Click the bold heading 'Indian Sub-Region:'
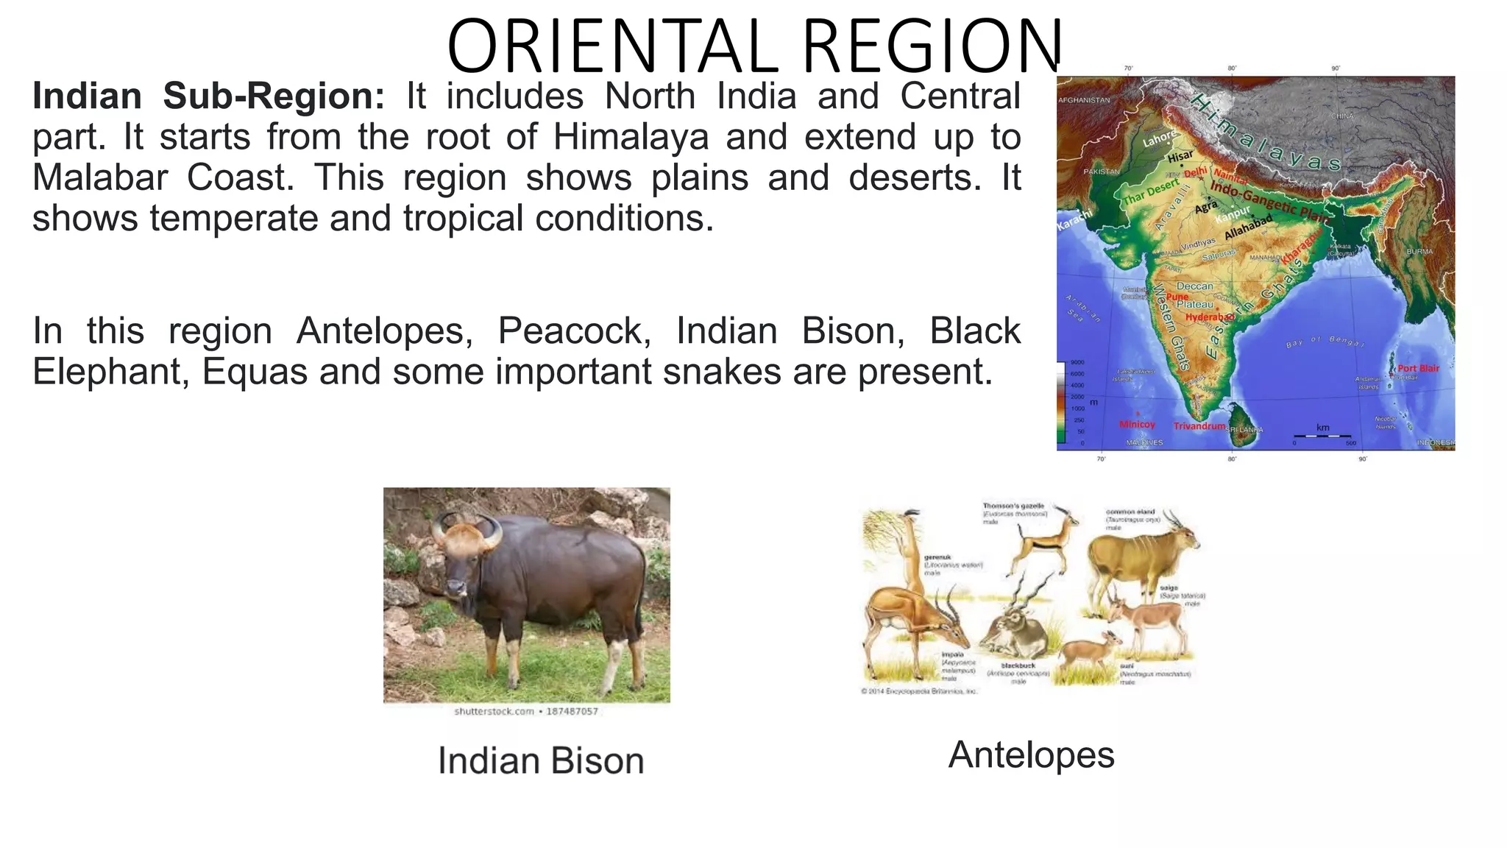(x=208, y=96)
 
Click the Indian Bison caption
(x=541, y=761)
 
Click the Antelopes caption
(x=1031, y=755)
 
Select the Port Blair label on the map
(x=1418, y=368)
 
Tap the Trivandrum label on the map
(x=1199, y=426)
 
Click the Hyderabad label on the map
(x=1209, y=317)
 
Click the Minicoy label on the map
(x=1137, y=425)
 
